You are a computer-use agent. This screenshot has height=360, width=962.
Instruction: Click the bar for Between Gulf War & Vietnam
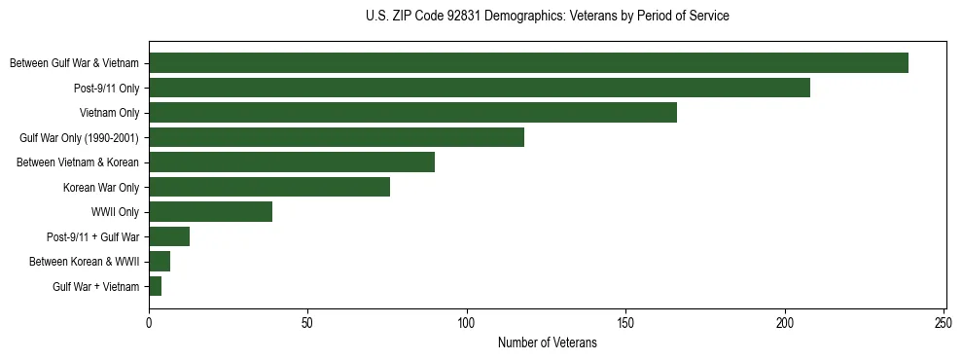coord(528,63)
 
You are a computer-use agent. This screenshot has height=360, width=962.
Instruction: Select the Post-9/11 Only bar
coord(479,88)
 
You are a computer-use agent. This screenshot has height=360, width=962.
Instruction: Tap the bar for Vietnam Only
coord(412,113)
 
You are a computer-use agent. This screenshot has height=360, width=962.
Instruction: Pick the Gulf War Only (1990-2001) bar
coord(337,137)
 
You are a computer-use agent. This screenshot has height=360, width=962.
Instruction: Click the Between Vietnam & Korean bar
coord(292,162)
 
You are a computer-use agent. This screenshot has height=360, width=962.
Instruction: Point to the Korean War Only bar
coord(269,187)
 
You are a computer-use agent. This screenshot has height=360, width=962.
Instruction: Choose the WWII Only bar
coord(210,212)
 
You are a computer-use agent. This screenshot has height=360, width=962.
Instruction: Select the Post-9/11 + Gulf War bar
coord(169,236)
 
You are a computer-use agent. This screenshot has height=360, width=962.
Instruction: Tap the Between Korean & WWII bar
coord(160,262)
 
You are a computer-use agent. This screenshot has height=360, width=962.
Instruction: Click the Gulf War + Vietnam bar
coord(155,286)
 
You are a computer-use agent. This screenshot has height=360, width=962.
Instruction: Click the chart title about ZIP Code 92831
coord(548,17)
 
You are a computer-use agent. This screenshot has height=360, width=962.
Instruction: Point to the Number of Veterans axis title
coord(548,343)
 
